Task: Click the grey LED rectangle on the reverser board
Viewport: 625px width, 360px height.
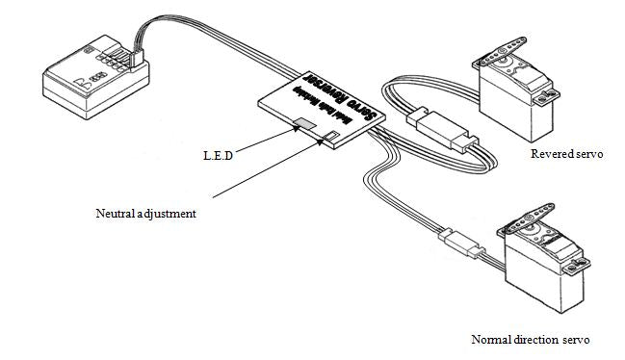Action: click(x=304, y=124)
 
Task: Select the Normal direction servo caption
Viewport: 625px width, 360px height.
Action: click(x=529, y=339)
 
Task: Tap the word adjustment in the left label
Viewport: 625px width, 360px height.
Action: click(x=171, y=213)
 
